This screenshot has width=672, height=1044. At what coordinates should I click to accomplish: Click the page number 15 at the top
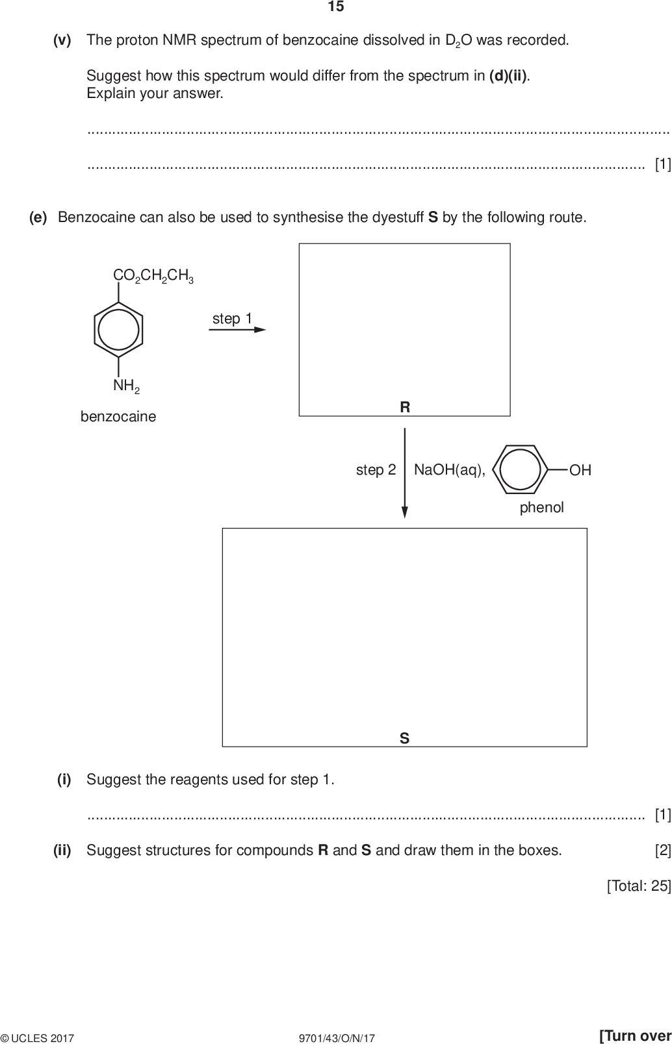click(336, 7)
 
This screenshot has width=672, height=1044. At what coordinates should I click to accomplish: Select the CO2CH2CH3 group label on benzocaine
click(153, 276)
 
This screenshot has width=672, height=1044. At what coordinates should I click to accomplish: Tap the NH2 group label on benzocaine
click(126, 386)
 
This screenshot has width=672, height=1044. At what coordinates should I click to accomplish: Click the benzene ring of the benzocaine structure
click(118, 330)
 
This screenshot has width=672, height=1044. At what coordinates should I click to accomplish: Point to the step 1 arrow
click(237, 330)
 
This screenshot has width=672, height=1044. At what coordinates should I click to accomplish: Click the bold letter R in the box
click(405, 407)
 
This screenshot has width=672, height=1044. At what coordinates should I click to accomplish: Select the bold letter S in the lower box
click(404, 738)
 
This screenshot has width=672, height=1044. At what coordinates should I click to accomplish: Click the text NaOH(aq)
click(449, 470)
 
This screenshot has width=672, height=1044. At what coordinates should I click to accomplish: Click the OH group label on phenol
click(580, 470)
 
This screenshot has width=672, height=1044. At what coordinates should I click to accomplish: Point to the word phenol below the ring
click(541, 508)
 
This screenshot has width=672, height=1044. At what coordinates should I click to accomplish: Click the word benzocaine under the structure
click(118, 417)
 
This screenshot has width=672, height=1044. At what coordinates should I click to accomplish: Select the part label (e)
click(38, 217)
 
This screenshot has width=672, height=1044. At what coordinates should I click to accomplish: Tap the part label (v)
click(62, 40)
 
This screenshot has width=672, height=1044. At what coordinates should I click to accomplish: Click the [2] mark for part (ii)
click(662, 851)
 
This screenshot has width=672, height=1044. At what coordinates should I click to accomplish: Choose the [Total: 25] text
click(638, 886)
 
